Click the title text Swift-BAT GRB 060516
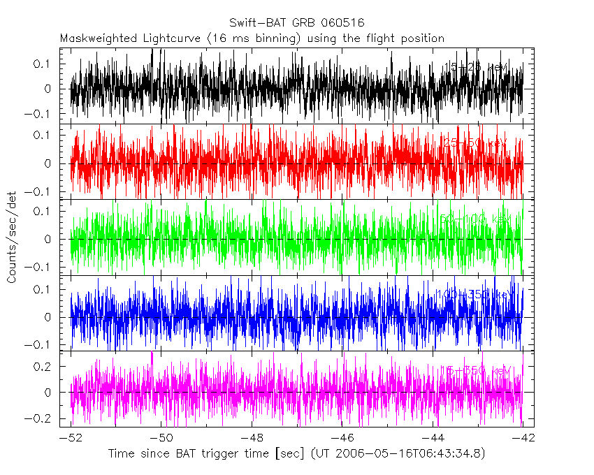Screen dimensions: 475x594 click(296, 22)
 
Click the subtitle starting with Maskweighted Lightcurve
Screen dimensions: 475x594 click(252, 38)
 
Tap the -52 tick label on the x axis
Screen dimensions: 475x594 click(71, 437)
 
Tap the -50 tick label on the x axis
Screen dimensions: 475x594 click(161, 437)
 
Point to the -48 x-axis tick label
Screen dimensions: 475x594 click(252, 437)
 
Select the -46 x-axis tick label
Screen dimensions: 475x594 click(342, 437)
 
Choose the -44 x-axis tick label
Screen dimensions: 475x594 click(433, 437)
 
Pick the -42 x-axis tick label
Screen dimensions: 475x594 click(523, 437)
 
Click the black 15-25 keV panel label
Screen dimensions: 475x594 click(477, 67)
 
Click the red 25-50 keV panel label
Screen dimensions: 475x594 click(475, 142)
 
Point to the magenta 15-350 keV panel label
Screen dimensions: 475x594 click(475, 370)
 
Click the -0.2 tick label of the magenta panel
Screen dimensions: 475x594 click(43, 418)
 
